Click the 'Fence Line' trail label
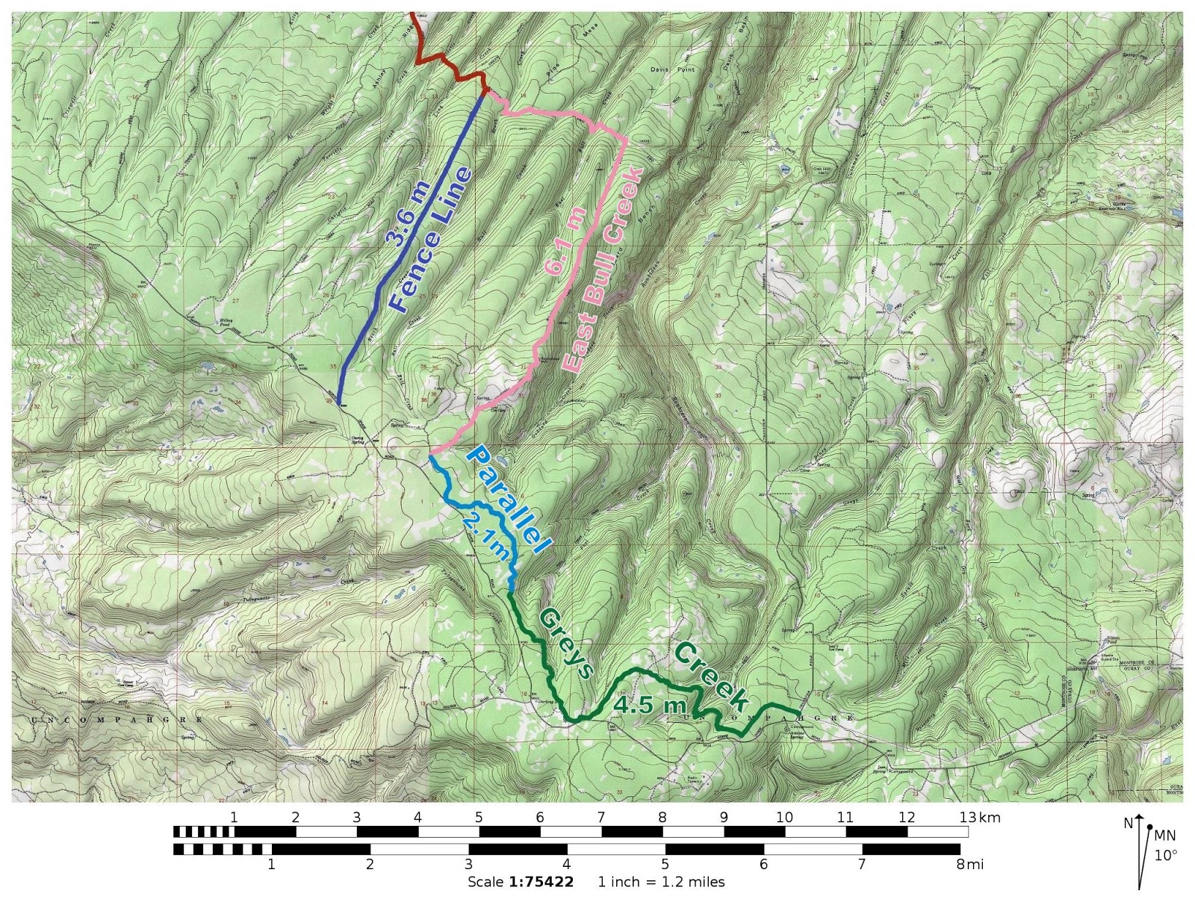click(x=431, y=240)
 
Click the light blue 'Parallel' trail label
click(x=508, y=500)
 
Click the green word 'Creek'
click(x=710, y=676)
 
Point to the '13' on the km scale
click(x=967, y=818)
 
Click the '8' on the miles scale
click(x=960, y=865)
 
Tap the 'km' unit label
click(x=990, y=818)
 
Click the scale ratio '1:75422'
click(x=541, y=882)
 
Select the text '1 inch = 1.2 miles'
click(x=661, y=882)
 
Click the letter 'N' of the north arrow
click(x=1128, y=824)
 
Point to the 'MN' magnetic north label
click(x=1165, y=836)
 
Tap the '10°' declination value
click(x=1165, y=856)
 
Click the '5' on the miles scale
click(x=665, y=865)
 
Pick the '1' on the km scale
click(x=234, y=818)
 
